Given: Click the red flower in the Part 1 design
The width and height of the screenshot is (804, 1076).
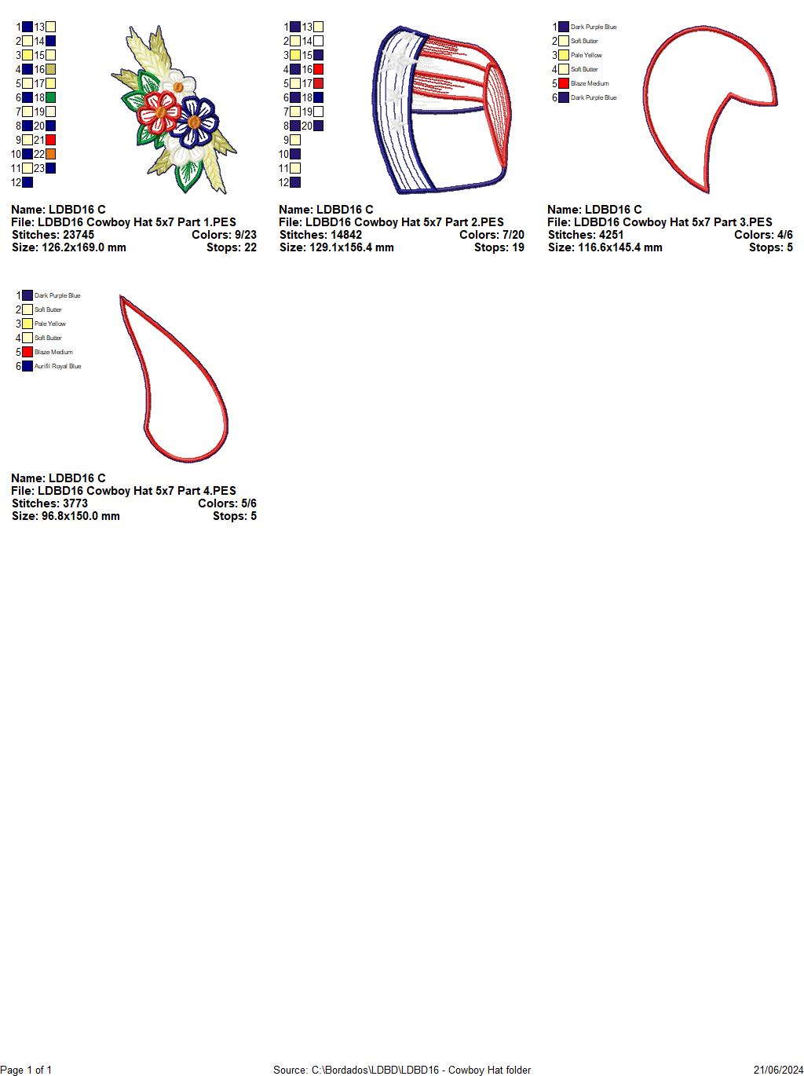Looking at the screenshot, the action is coord(158,112).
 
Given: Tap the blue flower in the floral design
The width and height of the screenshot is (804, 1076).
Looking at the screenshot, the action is coord(195,121).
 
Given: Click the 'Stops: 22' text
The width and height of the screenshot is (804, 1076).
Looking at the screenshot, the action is coord(232,247).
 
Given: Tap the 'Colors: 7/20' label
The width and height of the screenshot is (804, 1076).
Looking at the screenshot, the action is coord(492,235).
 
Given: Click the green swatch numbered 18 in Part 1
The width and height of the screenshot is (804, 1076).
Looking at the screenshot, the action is coord(50,97).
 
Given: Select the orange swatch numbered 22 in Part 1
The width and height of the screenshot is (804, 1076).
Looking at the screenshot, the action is coord(50,154).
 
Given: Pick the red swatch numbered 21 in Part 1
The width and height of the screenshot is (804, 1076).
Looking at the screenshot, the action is coord(50,141).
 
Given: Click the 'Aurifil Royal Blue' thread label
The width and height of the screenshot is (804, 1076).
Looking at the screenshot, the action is coord(58,366).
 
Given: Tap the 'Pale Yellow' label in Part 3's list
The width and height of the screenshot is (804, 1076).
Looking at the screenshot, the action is coord(586,56).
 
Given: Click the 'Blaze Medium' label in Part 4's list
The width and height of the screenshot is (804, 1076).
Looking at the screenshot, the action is coord(53,352).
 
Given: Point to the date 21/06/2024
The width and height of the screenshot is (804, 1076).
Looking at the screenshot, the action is coord(778,1070).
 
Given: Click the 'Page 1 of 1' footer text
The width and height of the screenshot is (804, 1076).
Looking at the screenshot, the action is coord(26,1070).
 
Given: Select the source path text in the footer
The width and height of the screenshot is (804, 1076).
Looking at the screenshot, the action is coord(402,1070).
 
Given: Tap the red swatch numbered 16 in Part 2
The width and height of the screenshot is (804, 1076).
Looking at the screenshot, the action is coord(319,69).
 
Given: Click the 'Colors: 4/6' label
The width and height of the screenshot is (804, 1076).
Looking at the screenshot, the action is coord(763,235).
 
